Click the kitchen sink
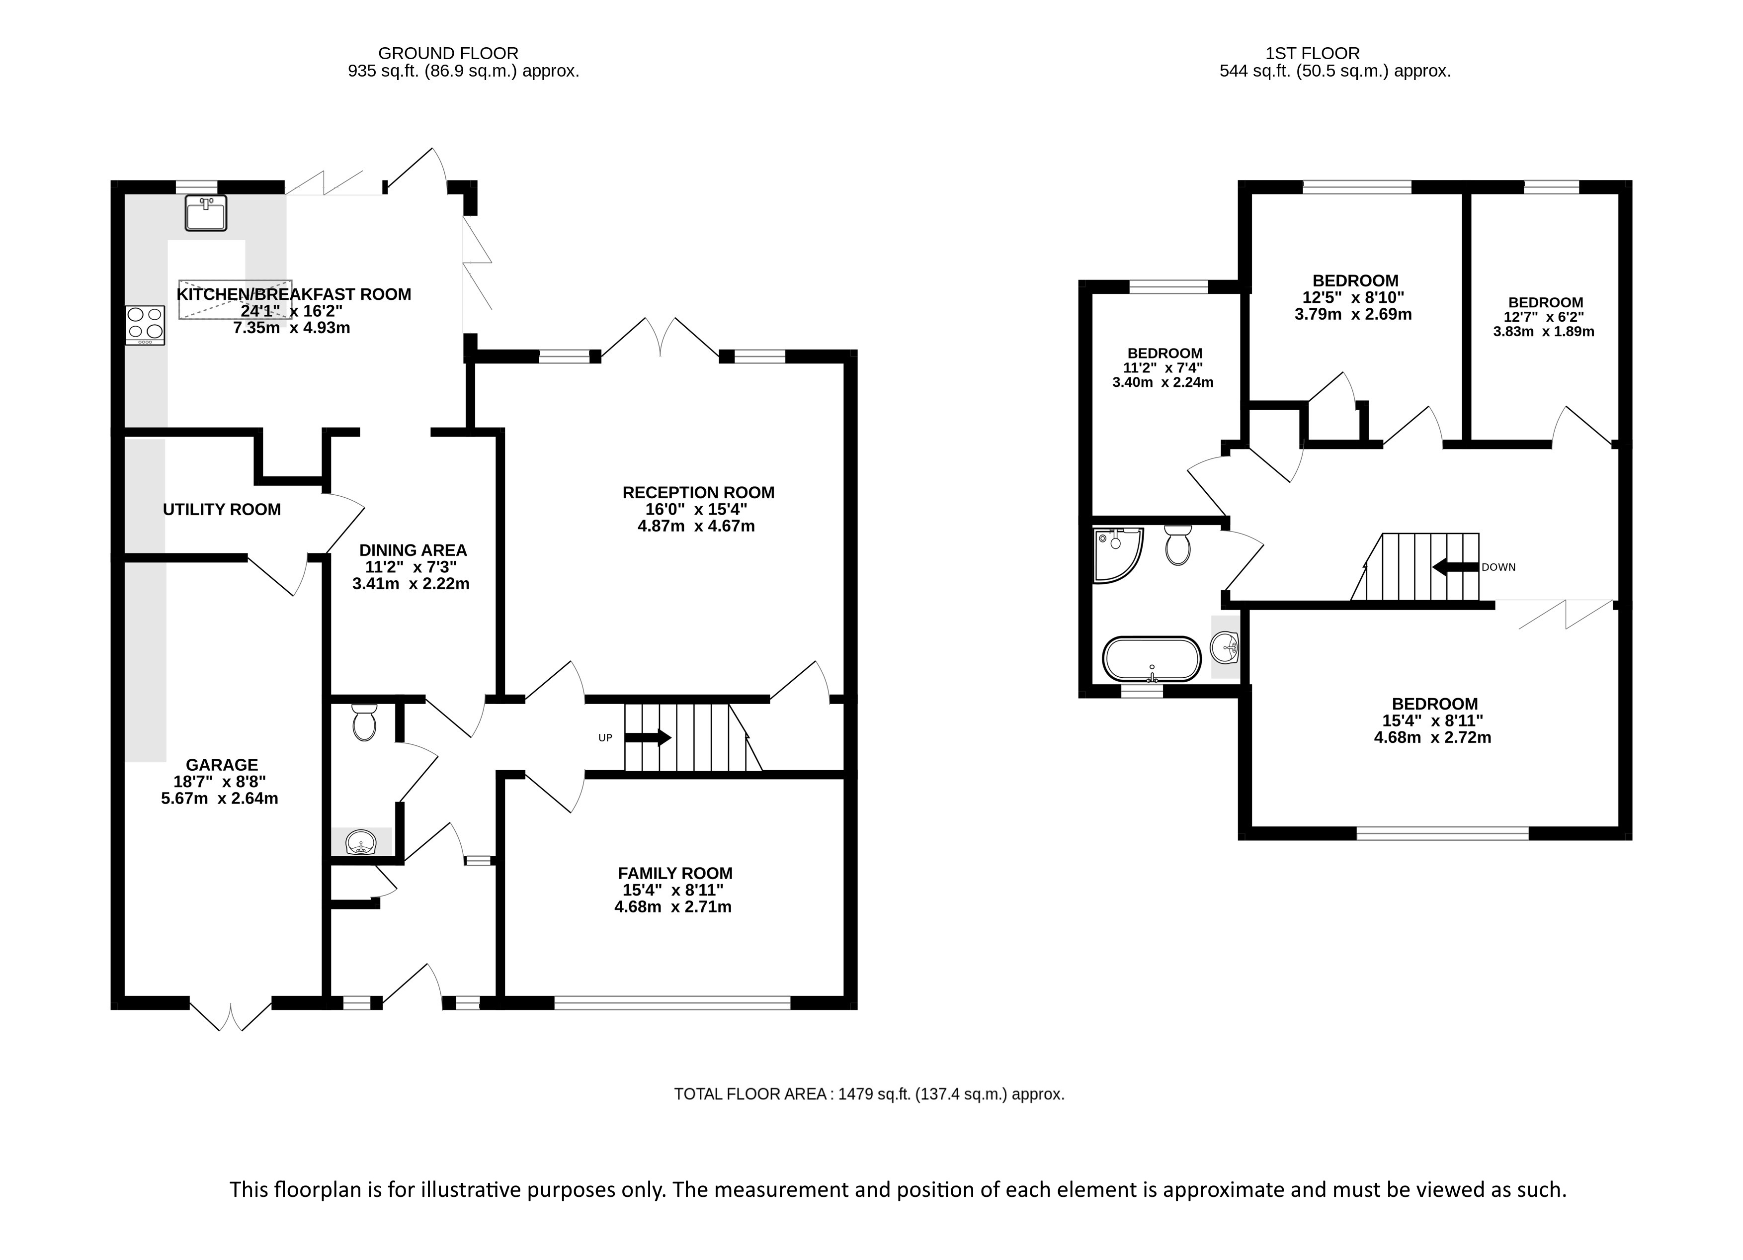pyautogui.click(x=206, y=213)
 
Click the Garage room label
pyautogui.click(x=222, y=764)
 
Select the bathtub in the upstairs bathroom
pyautogui.click(x=1151, y=659)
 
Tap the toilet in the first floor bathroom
pyautogui.click(x=1177, y=545)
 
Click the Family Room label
pyautogui.click(x=675, y=873)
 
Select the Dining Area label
pyautogui.click(x=413, y=550)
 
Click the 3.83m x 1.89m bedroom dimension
pyautogui.click(x=1544, y=332)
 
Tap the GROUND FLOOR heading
pyautogui.click(x=448, y=53)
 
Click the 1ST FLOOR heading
pyautogui.click(x=1313, y=53)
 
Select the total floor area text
pyautogui.click(x=869, y=1094)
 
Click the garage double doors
pyautogui.click(x=230, y=1014)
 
